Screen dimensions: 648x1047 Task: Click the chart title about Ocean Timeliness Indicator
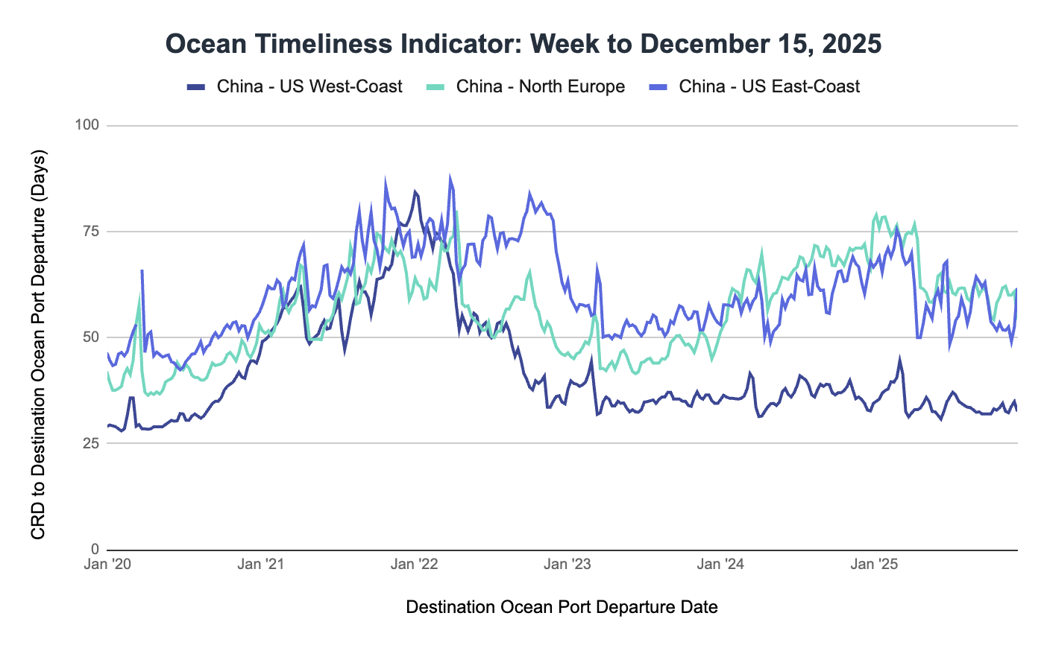point(523,44)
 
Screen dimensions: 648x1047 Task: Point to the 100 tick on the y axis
point(87,125)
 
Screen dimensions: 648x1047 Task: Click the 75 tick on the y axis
point(91,231)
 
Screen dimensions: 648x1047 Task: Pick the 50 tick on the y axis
point(91,337)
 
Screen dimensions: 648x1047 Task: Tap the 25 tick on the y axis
point(91,443)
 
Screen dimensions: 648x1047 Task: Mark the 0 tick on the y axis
point(95,549)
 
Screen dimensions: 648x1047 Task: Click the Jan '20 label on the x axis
point(107,564)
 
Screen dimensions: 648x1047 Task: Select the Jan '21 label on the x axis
point(261,564)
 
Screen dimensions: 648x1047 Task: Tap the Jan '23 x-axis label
point(567,564)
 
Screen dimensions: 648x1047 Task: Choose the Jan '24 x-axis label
point(720,564)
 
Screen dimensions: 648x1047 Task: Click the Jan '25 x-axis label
point(874,564)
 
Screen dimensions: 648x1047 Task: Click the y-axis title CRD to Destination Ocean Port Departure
point(39,345)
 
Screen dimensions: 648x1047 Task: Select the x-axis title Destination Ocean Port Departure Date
point(562,607)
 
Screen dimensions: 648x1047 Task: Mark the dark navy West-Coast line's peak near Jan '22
point(415,192)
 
